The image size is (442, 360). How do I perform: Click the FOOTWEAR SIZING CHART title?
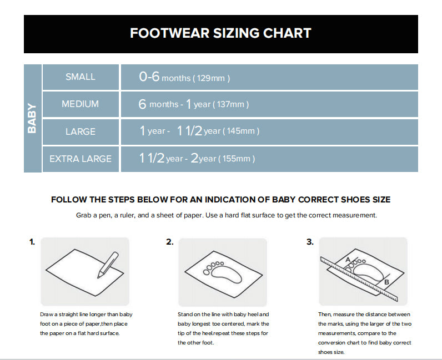[220, 33]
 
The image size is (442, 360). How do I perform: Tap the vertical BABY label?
[32, 118]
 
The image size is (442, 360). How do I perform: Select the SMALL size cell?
[81, 77]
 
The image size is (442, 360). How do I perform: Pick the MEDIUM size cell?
[81, 104]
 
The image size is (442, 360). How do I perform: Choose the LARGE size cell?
[81, 131]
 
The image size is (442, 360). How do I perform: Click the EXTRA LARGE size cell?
[81, 159]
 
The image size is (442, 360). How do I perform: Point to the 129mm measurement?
[211, 78]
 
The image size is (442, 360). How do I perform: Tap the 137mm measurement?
[230, 104]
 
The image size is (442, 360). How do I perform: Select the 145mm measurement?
[241, 131]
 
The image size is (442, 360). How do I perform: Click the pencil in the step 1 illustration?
[108, 265]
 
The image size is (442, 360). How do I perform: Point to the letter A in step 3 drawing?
[348, 260]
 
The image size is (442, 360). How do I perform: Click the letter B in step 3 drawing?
[386, 282]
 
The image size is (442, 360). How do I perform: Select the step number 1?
[32, 242]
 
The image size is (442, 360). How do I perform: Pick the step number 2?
[170, 242]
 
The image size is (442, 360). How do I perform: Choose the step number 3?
[310, 242]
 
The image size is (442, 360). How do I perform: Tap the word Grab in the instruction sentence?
[83, 215]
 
